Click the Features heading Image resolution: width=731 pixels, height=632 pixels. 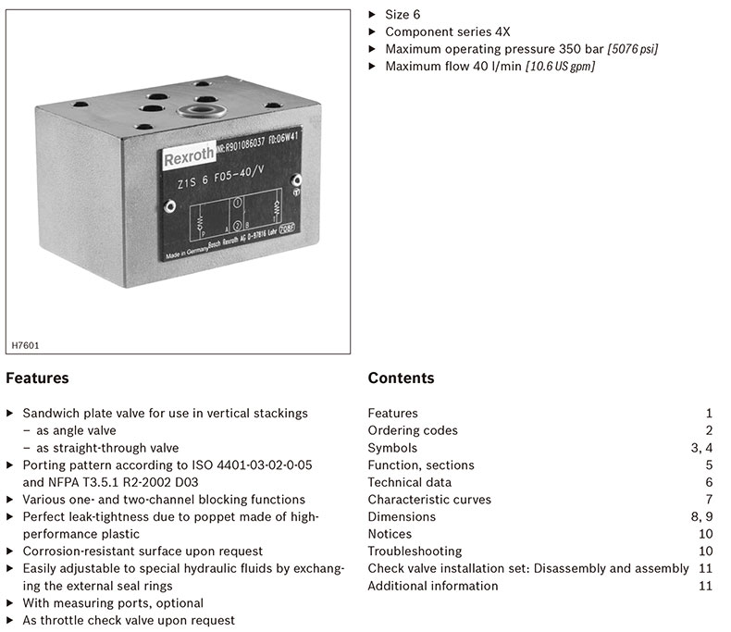click(x=37, y=378)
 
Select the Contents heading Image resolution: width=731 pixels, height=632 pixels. click(x=401, y=378)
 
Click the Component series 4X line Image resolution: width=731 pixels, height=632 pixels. click(x=447, y=31)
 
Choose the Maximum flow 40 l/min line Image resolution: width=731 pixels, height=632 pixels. click(x=489, y=66)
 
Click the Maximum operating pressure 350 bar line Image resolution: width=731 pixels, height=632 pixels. click(x=522, y=48)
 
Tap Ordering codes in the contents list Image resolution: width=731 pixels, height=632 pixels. click(x=413, y=430)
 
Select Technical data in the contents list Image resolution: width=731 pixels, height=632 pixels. click(x=409, y=482)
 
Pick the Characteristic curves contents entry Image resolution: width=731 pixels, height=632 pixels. click(x=429, y=500)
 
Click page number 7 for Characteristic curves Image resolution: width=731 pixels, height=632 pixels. click(x=708, y=500)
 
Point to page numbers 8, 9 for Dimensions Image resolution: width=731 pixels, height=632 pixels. click(x=701, y=516)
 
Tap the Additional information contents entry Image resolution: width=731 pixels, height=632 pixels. click(x=432, y=586)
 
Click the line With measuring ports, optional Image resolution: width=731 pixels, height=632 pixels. click(x=113, y=603)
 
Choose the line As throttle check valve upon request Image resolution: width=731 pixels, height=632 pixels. click(x=129, y=620)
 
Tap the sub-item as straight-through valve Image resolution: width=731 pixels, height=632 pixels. click(x=107, y=448)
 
